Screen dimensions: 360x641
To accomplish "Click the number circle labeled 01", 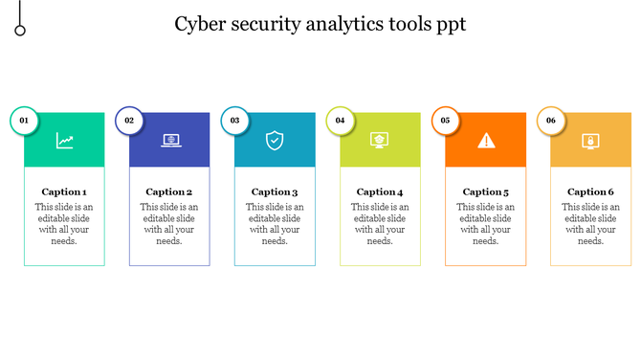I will pos(25,121).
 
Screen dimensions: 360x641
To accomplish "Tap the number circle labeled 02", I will pos(130,121).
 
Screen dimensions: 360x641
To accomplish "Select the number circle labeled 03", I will pos(235,121).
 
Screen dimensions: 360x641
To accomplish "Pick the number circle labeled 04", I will pos(341,121).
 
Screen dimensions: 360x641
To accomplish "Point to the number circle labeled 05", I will pos(446,121).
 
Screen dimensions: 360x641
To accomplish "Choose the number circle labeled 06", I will pos(551,121).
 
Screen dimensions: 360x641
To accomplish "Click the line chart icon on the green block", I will pos(65,141).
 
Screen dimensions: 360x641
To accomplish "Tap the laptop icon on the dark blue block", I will pos(171,141).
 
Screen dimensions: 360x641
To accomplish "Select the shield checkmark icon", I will pos(276,141).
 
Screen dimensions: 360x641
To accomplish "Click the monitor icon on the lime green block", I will pos(381,141).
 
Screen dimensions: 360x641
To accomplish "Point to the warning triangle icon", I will pos(487,141).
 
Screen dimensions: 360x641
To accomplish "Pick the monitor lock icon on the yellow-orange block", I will pos(591,141).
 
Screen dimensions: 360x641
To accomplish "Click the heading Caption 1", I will pos(64,191).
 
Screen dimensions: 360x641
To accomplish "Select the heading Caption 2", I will pos(169,191).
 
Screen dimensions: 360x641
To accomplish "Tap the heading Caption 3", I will pos(275,191).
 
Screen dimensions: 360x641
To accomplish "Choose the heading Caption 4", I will pos(380,191).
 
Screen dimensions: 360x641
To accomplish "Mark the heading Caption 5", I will pos(486,191).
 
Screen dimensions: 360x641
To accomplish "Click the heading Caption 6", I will pos(590,191).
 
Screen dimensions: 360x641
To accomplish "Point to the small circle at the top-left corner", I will pos(20,32).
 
